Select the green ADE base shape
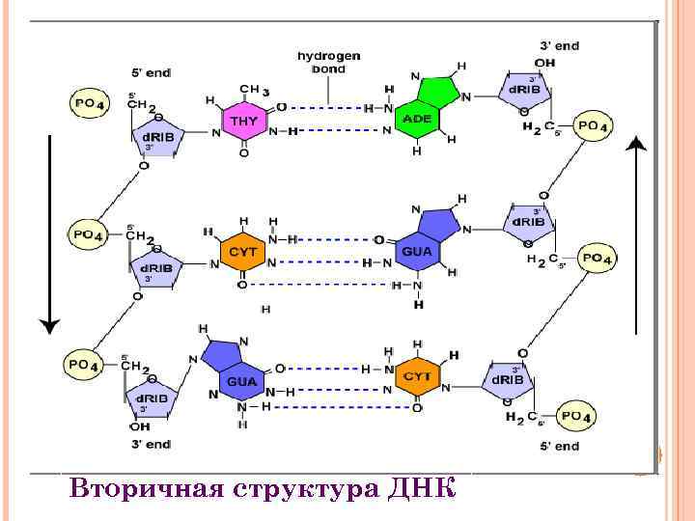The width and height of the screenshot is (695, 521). [x=418, y=116]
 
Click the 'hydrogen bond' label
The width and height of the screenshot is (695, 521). [x=328, y=63]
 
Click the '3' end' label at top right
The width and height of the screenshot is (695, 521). [x=559, y=44]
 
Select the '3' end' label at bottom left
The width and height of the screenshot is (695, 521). [x=151, y=445]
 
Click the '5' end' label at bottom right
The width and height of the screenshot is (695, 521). [x=559, y=446]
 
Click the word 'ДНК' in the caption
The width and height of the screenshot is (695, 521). [x=420, y=487]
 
